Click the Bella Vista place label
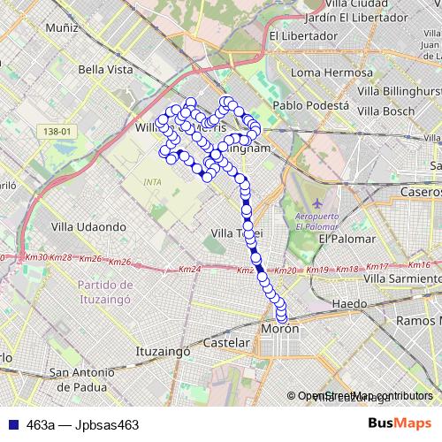coord(105,69)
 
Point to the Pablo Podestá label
coord(309,105)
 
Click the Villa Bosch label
coord(385,111)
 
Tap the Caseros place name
coord(422,192)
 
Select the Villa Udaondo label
coord(88,226)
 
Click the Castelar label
coord(226,342)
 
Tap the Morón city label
coord(280,329)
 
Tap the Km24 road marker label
coord(189,270)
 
